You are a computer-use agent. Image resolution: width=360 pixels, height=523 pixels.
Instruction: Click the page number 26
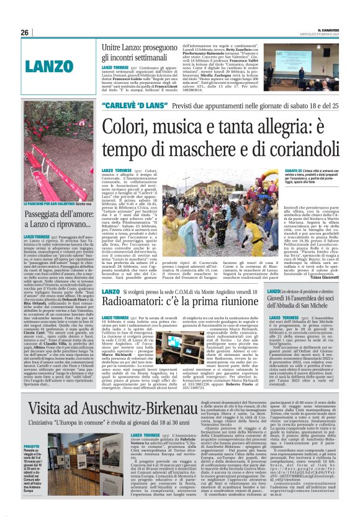point(24,32)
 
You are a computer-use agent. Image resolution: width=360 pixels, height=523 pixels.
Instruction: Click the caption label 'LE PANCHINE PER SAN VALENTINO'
point(54,202)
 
